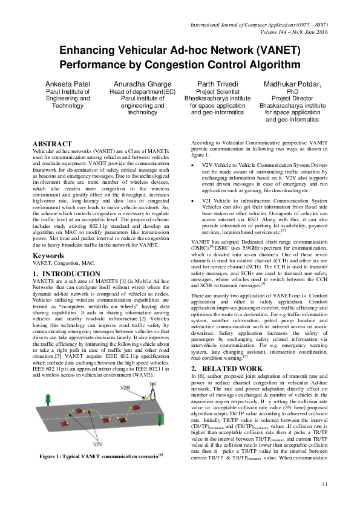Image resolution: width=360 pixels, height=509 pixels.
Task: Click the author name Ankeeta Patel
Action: (68, 83)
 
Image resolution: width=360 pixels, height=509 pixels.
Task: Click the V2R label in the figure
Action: (126, 386)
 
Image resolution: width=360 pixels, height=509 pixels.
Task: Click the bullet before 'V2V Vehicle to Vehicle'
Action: (192, 164)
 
